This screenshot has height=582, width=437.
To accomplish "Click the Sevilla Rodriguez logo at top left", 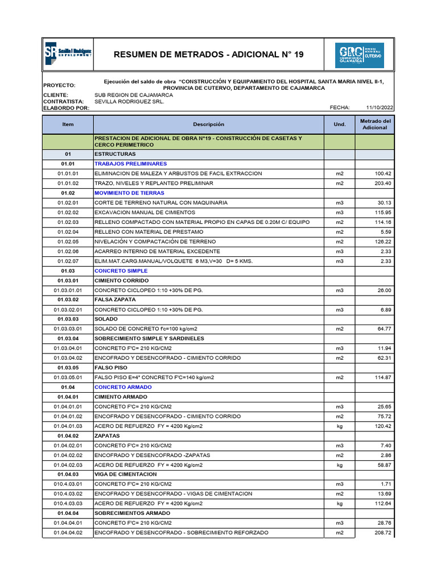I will (68, 54).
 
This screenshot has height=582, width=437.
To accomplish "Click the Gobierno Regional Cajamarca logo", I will (359, 55).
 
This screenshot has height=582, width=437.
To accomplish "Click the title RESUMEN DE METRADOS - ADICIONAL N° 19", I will (209, 55).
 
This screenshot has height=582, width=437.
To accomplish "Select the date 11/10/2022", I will (380, 107).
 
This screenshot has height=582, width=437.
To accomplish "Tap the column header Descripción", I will (208, 124).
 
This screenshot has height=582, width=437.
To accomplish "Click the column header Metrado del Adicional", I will (374, 124).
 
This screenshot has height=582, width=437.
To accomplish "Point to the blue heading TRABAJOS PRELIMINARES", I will (130, 164).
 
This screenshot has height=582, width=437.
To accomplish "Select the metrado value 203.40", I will (382, 184).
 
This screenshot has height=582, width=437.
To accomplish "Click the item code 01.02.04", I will (68, 232).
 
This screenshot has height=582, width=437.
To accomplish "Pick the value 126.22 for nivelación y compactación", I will (382, 242).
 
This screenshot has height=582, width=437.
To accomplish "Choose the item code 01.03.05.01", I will (68, 377).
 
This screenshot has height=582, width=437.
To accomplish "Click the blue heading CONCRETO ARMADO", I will (122, 387).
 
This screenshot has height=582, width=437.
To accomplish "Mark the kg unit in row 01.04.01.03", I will (340, 426).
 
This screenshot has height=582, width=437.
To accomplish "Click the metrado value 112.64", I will (382, 504).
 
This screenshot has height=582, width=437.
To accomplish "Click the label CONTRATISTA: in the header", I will (64, 101).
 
